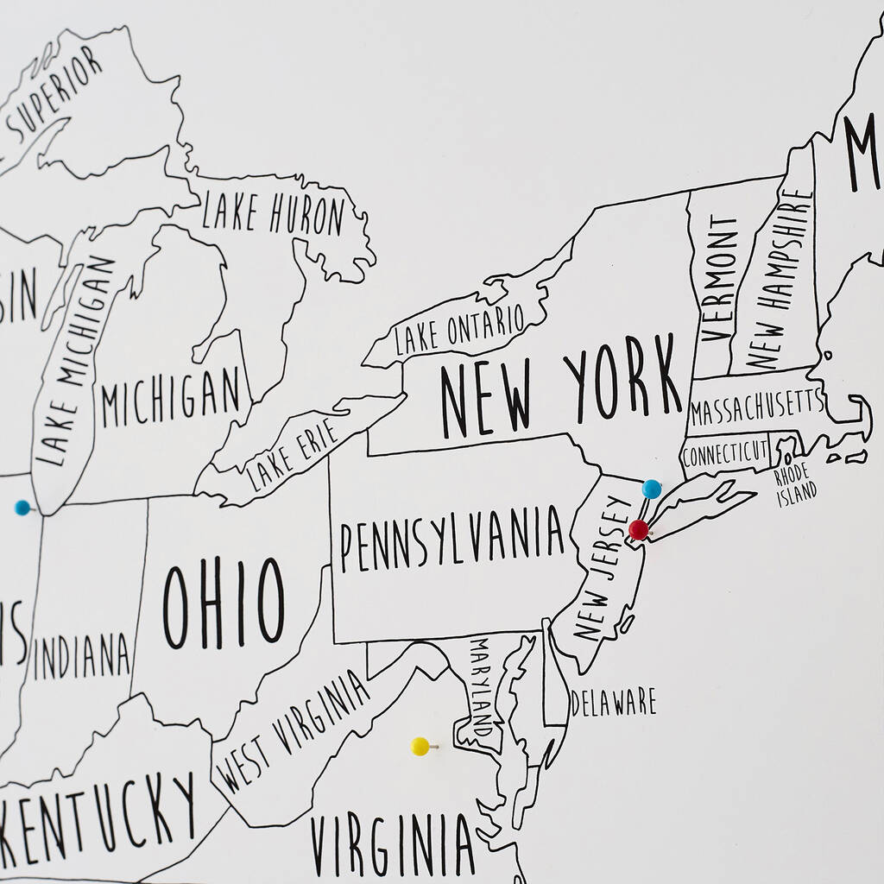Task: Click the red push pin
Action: coord(639,530)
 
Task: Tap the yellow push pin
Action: coord(420,746)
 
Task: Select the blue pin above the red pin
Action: coord(652,489)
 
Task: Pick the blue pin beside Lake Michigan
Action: coord(22,508)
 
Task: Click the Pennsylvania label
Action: coord(451,541)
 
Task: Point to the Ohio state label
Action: coord(224,603)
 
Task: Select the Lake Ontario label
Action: coord(458,328)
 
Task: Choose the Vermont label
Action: coord(721,278)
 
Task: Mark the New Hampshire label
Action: coord(780,279)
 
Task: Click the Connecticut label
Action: coord(725,451)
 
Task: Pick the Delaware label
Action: coord(613,702)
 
